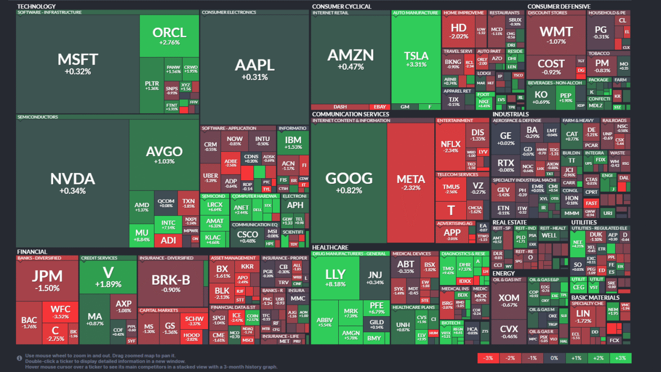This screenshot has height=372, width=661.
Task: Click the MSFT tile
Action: (77, 64)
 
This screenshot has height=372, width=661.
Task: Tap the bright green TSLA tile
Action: (416, 59)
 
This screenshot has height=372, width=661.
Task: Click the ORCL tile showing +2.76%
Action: (169, 35)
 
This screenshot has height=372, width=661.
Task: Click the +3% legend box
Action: (620, 358)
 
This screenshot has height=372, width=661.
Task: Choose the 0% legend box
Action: (554, 358)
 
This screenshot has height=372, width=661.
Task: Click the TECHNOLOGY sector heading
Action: (36, 7)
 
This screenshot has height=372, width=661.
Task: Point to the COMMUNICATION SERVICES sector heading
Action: (350, 114)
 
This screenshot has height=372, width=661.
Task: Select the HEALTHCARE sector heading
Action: (330, 247)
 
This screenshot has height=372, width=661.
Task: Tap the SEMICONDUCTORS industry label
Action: (38, 117)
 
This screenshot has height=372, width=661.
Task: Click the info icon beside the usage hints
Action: (19, 358)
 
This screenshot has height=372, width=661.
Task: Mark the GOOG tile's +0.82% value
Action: (349, 191)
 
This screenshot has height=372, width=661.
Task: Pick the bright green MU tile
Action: (141, 235)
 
